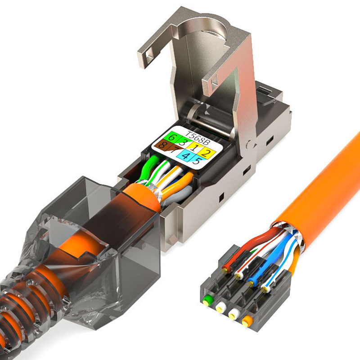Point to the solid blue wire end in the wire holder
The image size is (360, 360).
(250, 282)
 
